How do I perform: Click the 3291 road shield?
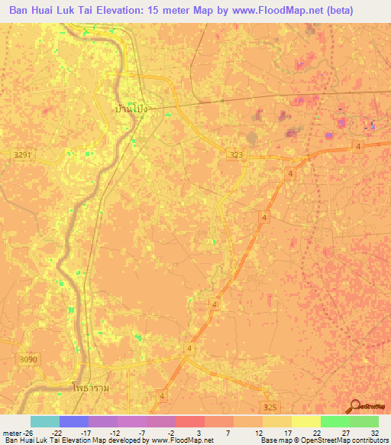click(x=24, y=154)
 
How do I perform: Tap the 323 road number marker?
click(x=237, y=154)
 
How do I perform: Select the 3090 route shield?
click(x=29, y=359)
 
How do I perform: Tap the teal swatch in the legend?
click(x=44, y=421)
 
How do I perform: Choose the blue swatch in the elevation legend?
click(x=73, y=421)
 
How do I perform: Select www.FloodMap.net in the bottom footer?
click(x=184, y=440)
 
